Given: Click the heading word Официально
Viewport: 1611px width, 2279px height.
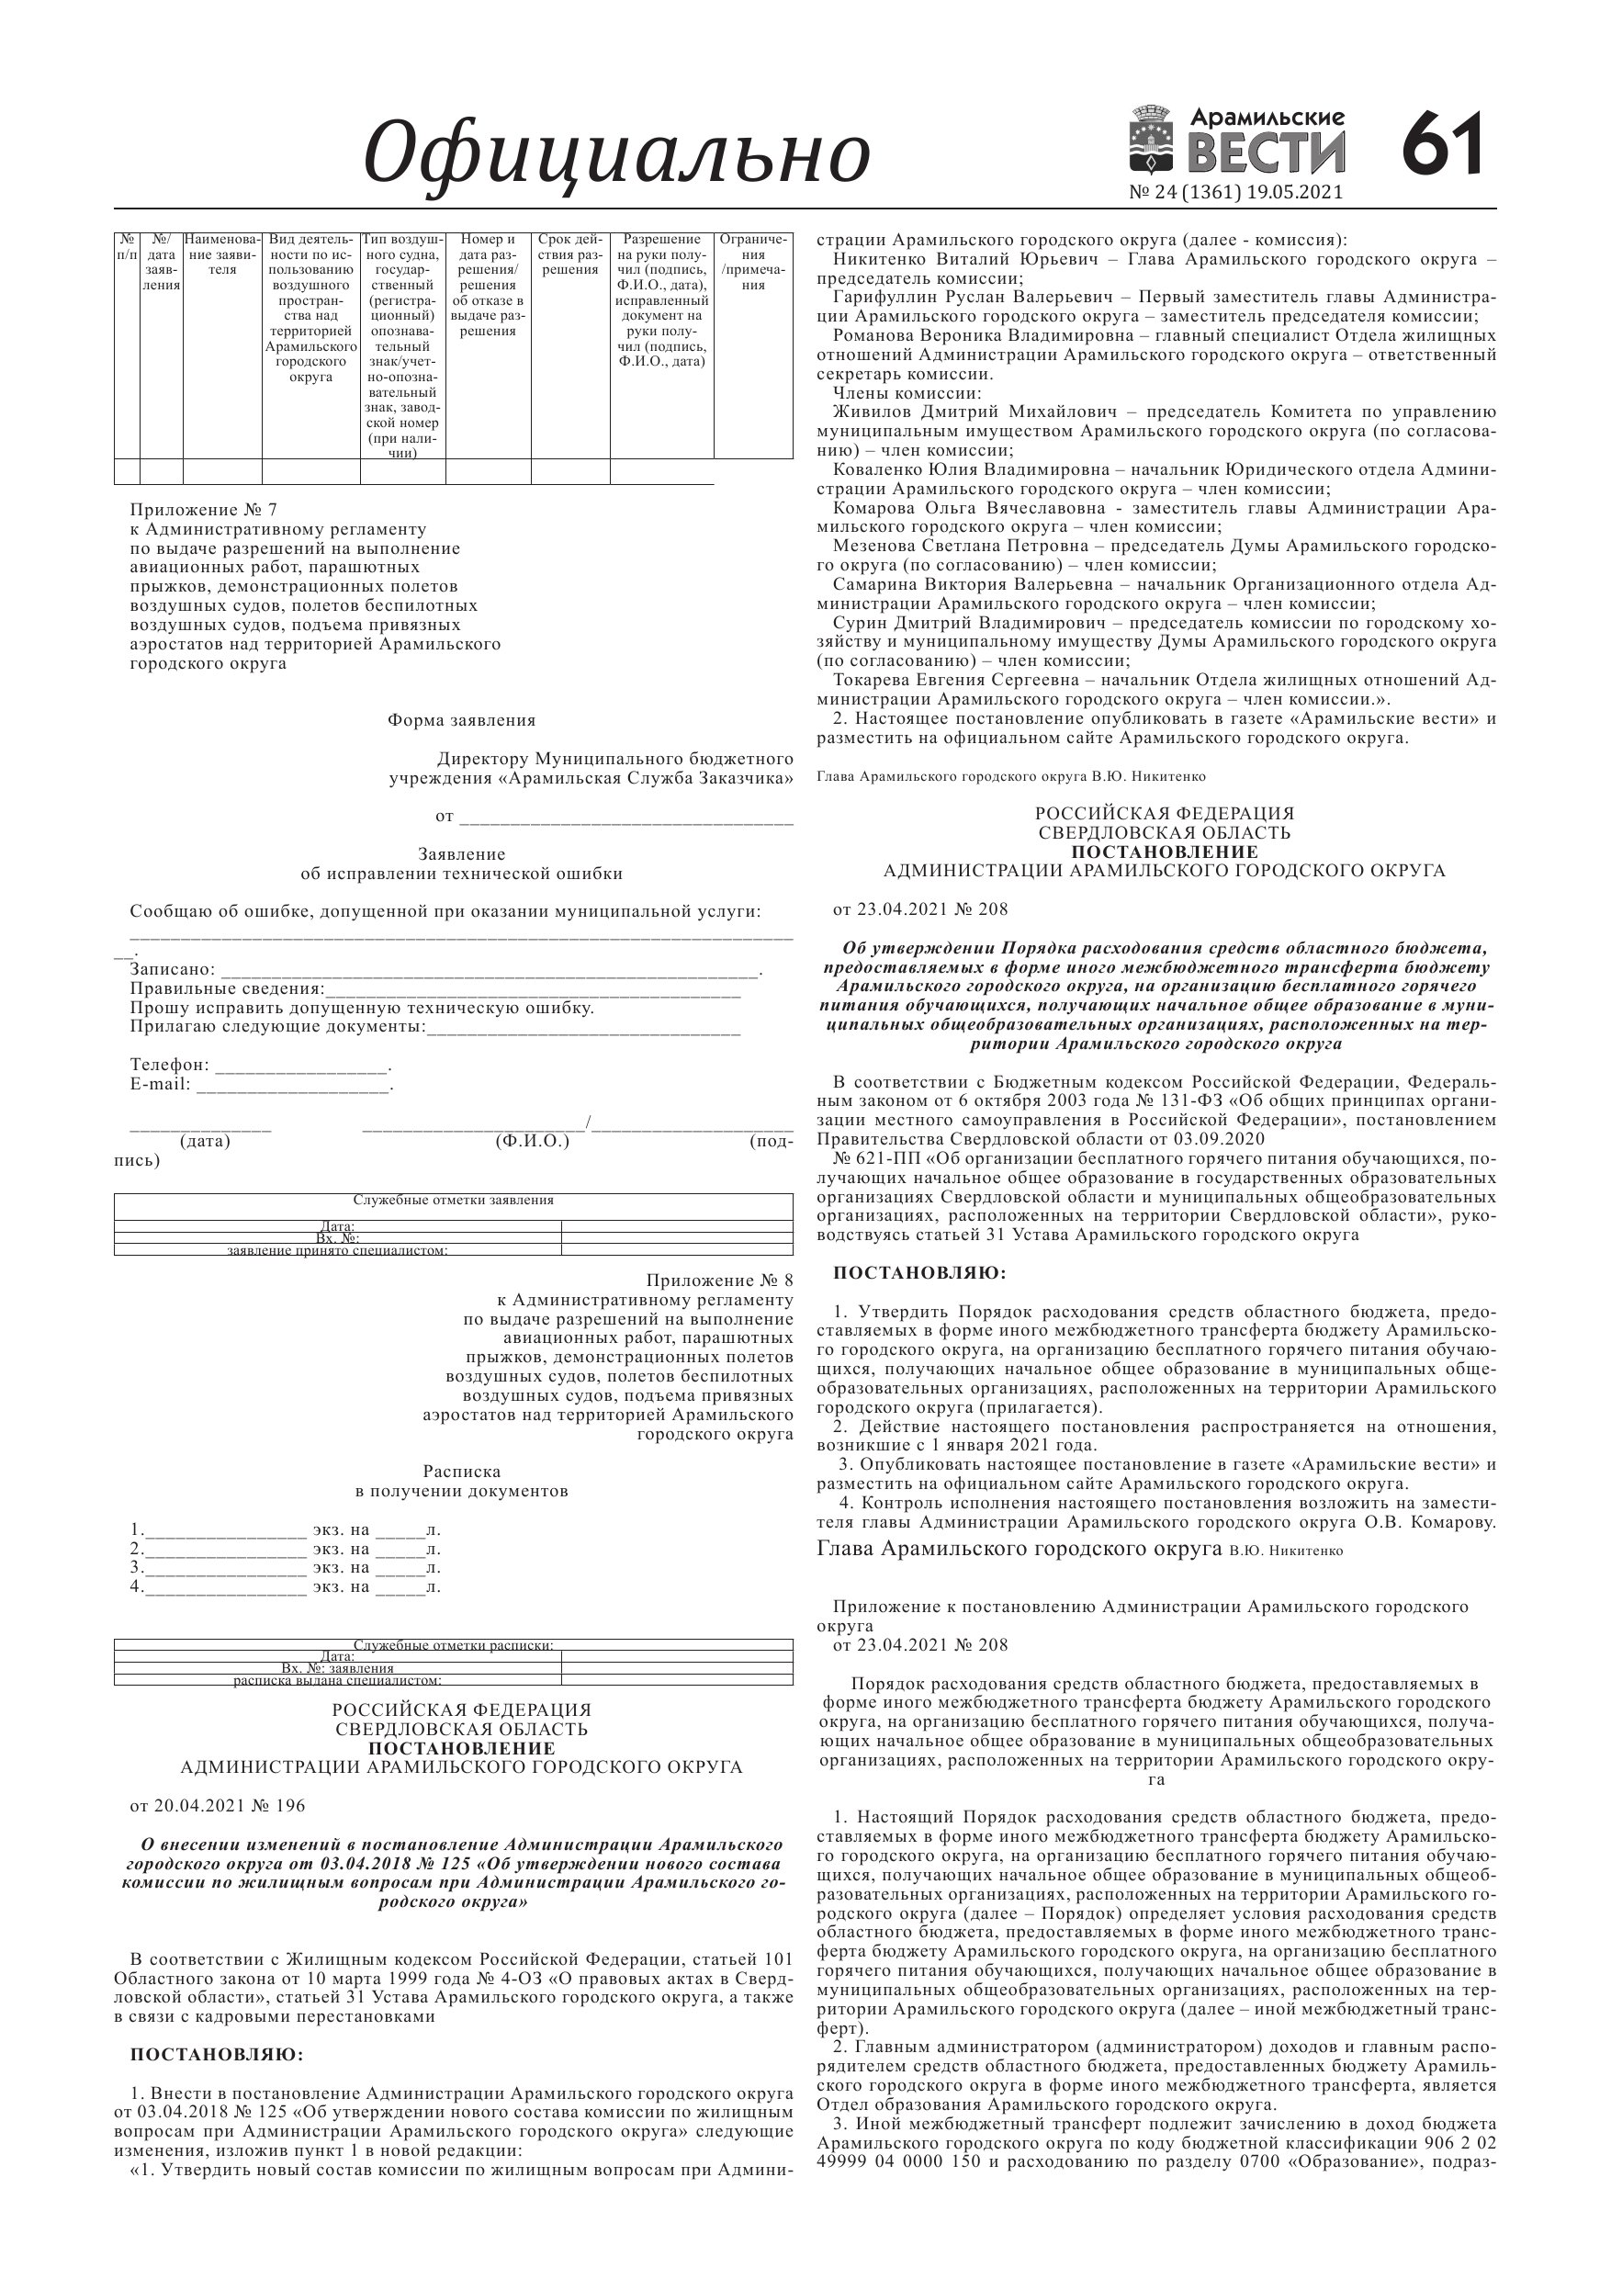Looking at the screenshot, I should [x=616, y=153].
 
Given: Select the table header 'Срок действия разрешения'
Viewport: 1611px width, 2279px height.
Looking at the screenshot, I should [x=569, y=255].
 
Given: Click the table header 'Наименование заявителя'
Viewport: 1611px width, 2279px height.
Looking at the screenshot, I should [x=222, y=255].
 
